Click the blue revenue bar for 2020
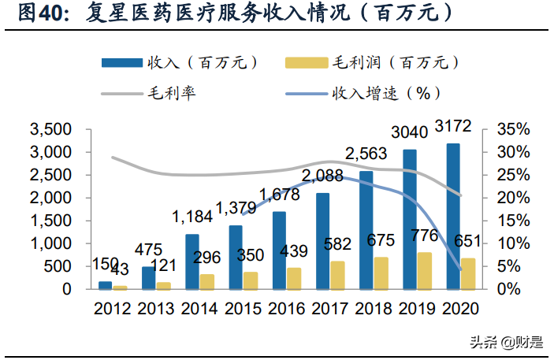[452, 217]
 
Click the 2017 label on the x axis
[329, 308]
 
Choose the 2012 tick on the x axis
[113, 308]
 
